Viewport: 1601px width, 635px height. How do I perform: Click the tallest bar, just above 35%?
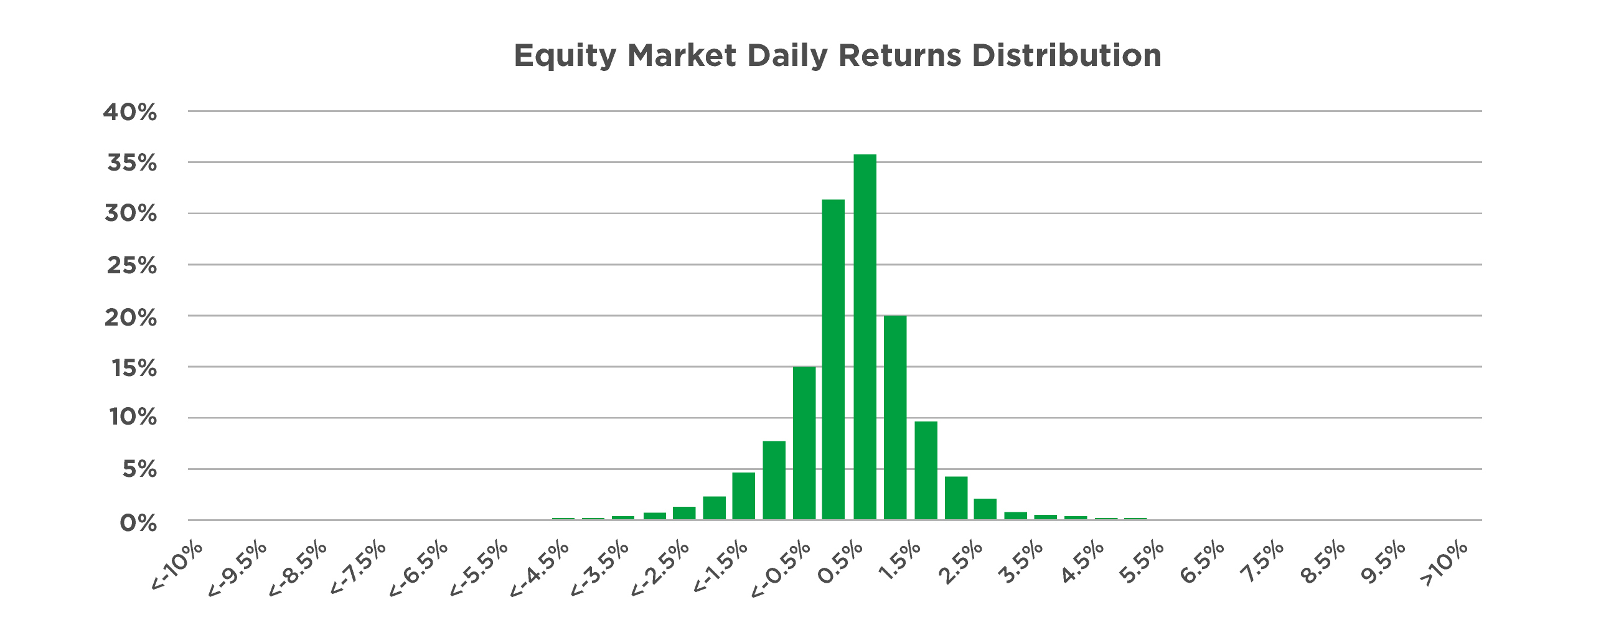pyautogui.click(x=865, y=337)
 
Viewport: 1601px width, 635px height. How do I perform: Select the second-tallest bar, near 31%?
pyautogui.click(x=833, y=359)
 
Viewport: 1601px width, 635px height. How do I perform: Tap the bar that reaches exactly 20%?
pyautogui.click(x=895, y=418)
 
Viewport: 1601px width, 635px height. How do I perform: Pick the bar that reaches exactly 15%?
pyautogui.click(x=804, y=443)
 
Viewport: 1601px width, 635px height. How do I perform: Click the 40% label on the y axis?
pyautogui.click(x=130, y=112)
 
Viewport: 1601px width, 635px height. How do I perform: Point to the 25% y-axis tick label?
pyautogui.click(x=132, y=266)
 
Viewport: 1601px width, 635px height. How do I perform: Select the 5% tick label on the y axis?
pyautogui.click(x=139, y=469)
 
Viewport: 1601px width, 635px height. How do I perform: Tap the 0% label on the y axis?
pyautogui.click(x=138, y=524)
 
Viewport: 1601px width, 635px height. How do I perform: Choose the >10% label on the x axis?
pyautogui.click(x=1444, y=564)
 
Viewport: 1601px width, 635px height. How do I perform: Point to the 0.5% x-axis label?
pyautogui.click(x=840, y=563)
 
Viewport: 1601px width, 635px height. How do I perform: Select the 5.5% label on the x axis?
pyautogui.click(x=1142, y=563)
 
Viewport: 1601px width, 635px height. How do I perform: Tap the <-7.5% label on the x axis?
pyautogui.click(x=358, y=568)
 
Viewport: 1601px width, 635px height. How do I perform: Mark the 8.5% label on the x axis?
pyautogui.click(x=1323, y=563)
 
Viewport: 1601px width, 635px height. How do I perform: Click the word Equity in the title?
pyautogui.click(x=565, y=57)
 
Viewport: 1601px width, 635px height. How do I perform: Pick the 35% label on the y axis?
pyautogui.click(x=132, y=163)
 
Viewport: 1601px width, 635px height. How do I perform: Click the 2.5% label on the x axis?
pyautogui.click(x=961, y=563)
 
